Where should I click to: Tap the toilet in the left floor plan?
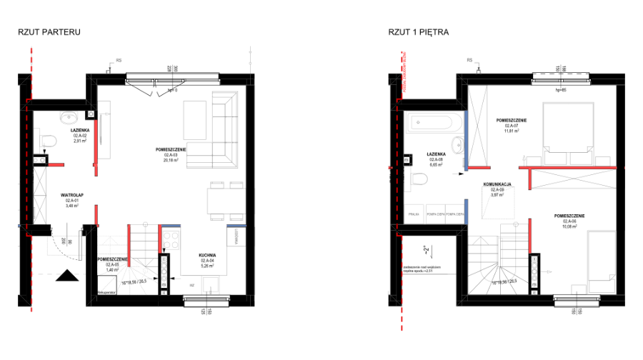coord(47,140)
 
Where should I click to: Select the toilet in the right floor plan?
coord(417,178)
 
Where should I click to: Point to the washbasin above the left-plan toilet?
coord(69,116)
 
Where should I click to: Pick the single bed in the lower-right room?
coord(601,261)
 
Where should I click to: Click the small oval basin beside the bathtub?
coord(458,146)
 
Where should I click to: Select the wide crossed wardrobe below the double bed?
coord(574,179)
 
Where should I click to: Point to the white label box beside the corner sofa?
coord(170,157)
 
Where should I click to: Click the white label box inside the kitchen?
coord(207,262)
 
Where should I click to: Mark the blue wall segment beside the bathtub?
coord(466,140)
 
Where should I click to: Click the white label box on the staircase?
coord(112,266)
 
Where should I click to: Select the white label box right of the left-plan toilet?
coord(80,138)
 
